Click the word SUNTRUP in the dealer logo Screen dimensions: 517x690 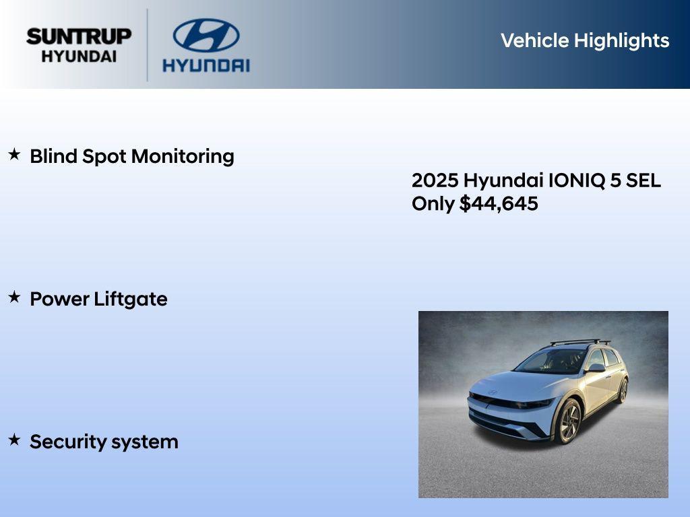pyautogui.click(x=79, y=36)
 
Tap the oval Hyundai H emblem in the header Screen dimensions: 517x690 pyautogui.click(x=206, y=36)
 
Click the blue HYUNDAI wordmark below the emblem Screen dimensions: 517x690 pyautogui.click(x=206, y=65)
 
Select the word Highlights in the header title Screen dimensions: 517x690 pyautogui.click(x=621, y=40)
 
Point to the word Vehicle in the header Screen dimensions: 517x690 pyautogui.click(x=534, y=40)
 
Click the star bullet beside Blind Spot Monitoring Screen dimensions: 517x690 pyautogui.click(x=14, y=155)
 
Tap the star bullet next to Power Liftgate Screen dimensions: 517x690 pyautogui.click(x=14, y=298)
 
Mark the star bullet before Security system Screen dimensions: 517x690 pyautogui.click(x=14, y=440)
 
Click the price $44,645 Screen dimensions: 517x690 pyautogui.click(x=499, y=204)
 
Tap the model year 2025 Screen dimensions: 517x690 pyautogui.click(x=435, y=180)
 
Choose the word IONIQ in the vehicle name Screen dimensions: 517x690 pyautogui.click(x=573, y=180)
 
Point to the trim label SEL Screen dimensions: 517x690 pyautogui.click(x=644, y=180)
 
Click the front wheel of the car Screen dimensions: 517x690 pyautogui.click(x=567, y=420)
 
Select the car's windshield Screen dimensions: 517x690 pyautogui.click(x=551, y=361)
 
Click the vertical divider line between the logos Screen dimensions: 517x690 pyautogui.click(x=148, y=44)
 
